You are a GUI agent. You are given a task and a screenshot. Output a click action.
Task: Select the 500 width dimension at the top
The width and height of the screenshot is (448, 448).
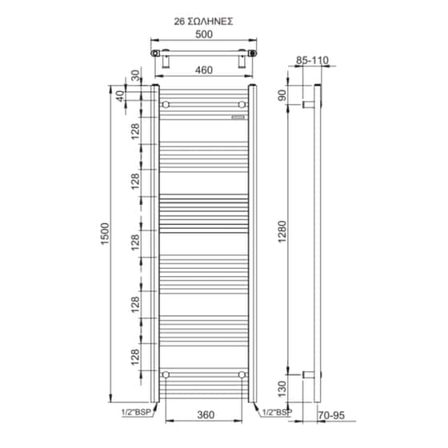[x=204, y=35]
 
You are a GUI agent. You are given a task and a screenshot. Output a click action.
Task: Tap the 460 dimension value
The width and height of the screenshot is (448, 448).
[x=203, y=70]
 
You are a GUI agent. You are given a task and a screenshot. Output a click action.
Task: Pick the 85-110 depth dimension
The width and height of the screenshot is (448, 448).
[x=312, y=61]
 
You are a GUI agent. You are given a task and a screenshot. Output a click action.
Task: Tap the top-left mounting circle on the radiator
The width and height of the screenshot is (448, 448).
[x=166, y=105]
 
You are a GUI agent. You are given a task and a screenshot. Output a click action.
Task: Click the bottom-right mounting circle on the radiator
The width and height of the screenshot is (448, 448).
[x=242, y=374]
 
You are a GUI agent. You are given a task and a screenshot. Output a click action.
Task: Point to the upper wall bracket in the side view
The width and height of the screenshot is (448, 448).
[x=307, y=105]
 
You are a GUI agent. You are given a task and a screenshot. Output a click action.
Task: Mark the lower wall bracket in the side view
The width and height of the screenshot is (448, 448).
[x=307, y=374]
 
